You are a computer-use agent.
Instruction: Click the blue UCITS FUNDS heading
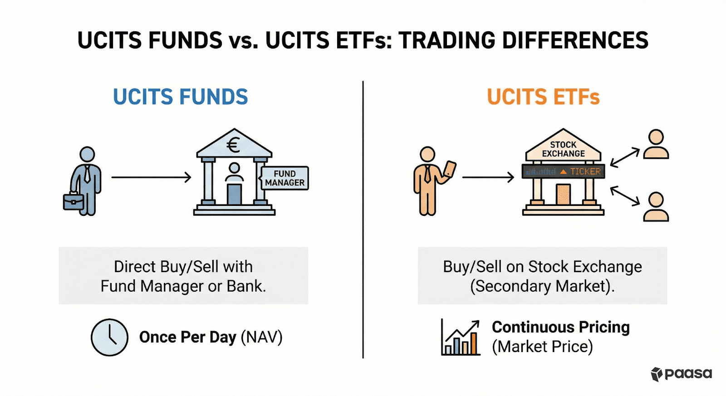tap(180, 97)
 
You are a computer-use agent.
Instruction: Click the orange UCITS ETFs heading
tap(543, 97)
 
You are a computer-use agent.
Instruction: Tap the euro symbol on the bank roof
tap(233, 146)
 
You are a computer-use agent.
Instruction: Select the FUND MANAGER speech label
tap(285, 178)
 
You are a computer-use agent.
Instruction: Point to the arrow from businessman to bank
tap(151, 177)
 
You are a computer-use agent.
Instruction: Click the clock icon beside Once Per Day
tap(109, 337)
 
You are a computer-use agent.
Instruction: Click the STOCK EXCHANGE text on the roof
tap(563, 149)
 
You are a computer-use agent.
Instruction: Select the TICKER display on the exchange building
tap(563, 171)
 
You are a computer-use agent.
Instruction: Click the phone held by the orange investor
tap(450, 169)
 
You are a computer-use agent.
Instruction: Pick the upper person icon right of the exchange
tap(656, 144)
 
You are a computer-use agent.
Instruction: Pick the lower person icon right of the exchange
tap(656, 207)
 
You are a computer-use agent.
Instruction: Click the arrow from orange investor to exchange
tap(488, 177)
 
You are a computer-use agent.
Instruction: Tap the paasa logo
tap(682, 374)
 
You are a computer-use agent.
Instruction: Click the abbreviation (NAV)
tap(261, 337)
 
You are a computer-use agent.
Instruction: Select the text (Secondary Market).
tap(542, 286)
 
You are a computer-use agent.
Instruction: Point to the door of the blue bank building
tap(234, 194)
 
